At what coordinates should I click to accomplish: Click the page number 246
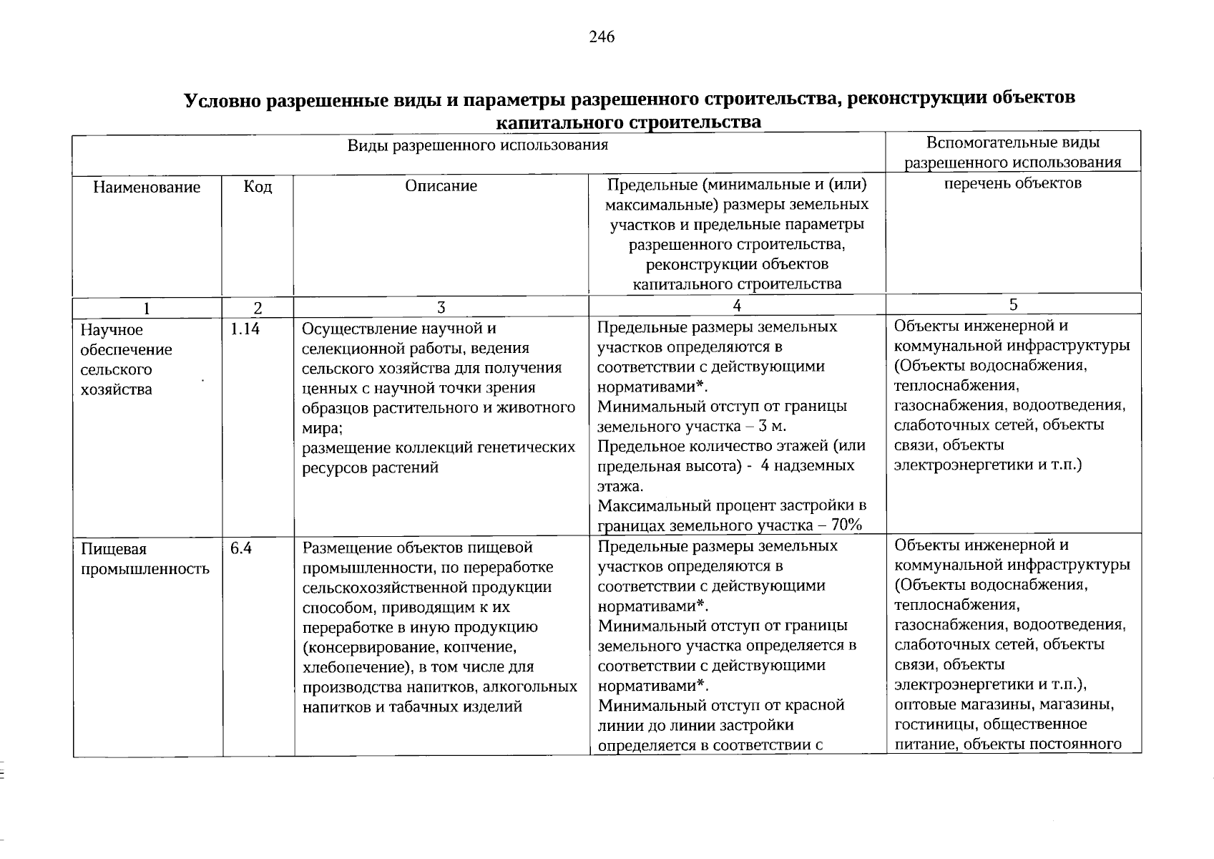pyautogui.click(x=602, y=37)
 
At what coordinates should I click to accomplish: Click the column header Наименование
pyautogui.click(x=147, y=187)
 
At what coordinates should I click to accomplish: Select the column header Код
pyautogui.click(x=258, y=187)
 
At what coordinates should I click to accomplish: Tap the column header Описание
pyautogui.click(x=441, y=186)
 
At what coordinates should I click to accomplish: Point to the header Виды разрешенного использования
pyautogui.click(x=478, y=145)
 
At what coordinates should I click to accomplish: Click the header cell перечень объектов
pyautogui.click(x=1012, y=183)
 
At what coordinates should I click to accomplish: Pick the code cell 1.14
pyautogui.click(x=245, y=329)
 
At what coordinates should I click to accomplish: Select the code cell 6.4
pyautogui.click(x=241, y=548)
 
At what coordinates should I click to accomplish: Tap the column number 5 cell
pyautogui.click(x=1013, y=304)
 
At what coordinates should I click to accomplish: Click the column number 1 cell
pyautogui.click(x=147, y=309)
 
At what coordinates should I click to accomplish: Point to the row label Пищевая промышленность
pyautogui.click(x=145, y=559)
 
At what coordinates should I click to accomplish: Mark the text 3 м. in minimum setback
pyautogui.click(x=773, y=427)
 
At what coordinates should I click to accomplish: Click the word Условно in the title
pyautogui.click(x=222, y=100)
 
